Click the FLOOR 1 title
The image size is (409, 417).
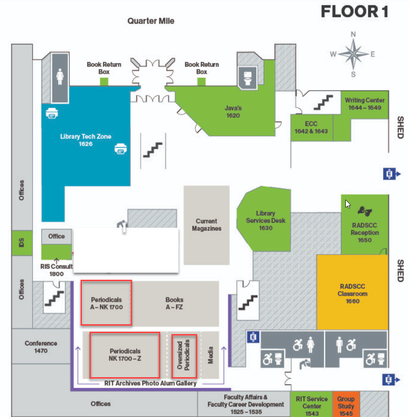(354, 12)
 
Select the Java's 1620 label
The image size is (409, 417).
(233, 112)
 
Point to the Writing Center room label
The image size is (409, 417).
(364, 104)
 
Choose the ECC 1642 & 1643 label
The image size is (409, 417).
(311, 127)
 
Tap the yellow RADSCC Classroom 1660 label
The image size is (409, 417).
(352, 294)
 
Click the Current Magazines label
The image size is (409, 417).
(207, 224)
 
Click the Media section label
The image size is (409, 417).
(210, 355)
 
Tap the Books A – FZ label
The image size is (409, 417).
(174, 303)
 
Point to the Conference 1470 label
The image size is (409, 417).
(41, 347)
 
